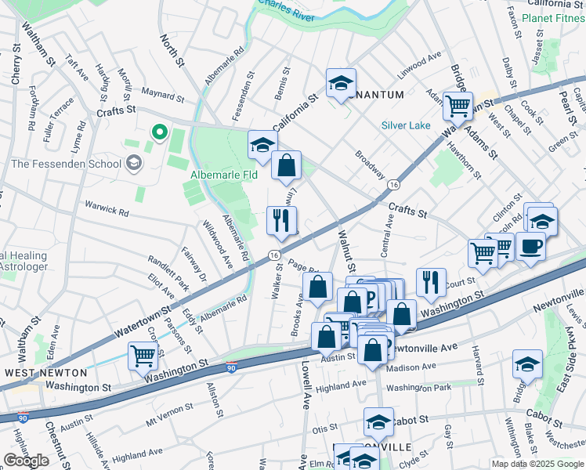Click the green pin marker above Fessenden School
tap(160, 133)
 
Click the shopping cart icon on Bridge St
tap(458, 105)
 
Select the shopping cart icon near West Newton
tap(143, 356)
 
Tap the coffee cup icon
tap(530, 247)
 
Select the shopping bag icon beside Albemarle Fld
tap(287, 166)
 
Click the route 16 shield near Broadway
tap(393, 184)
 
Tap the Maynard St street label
tap(162, 97)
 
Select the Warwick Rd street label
tap(108, 210)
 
